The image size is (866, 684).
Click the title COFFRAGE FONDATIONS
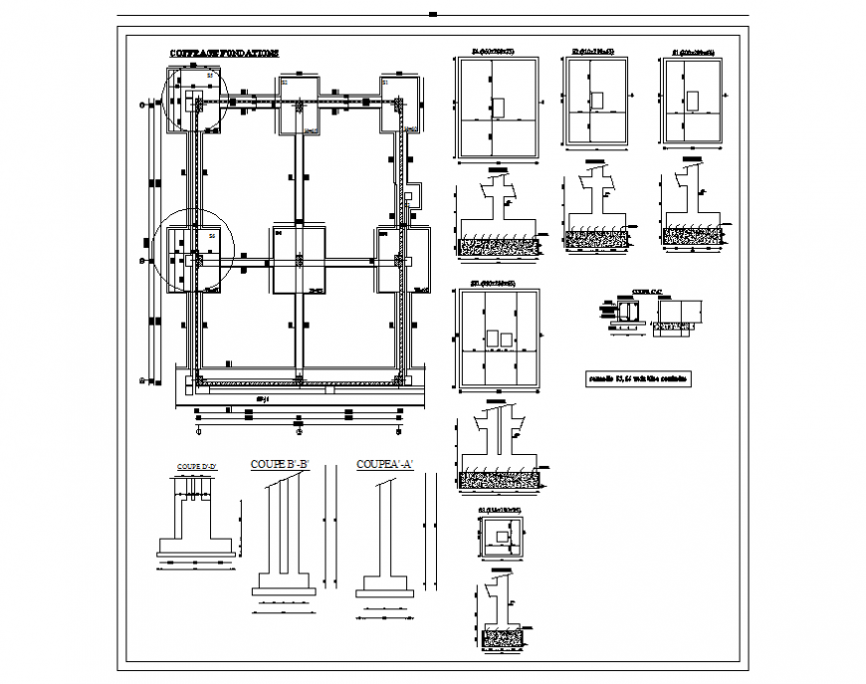point(224,53)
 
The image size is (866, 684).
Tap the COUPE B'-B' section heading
point(281,464)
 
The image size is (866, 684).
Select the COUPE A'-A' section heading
point(384,464)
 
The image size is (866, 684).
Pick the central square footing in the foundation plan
point(299,260)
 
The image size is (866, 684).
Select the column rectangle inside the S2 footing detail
point(598,100)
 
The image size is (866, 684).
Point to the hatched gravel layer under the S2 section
point(597,238)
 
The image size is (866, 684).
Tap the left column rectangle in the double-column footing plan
point(491,340)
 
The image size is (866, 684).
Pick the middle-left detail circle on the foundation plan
point(195,250)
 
